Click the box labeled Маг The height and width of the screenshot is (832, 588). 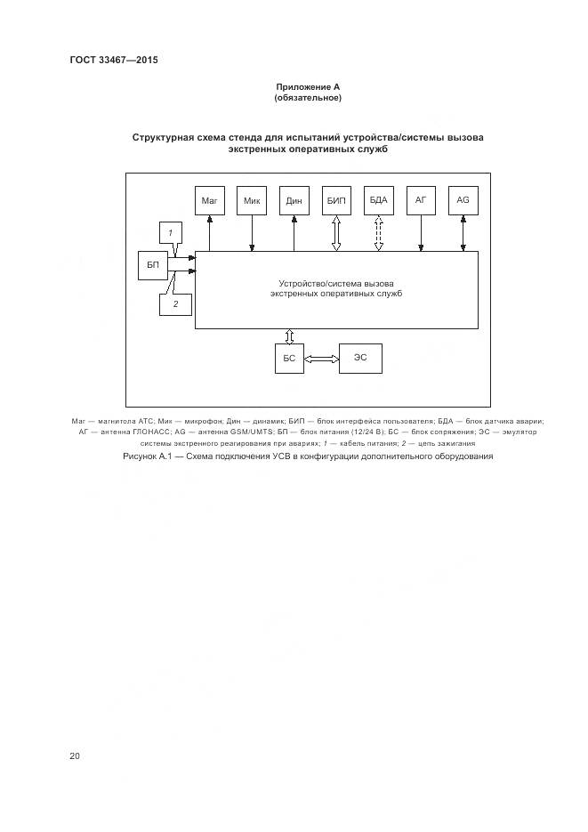pos(209,202)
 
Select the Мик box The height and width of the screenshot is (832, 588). pos(252,202)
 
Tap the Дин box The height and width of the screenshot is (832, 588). pos(294,202)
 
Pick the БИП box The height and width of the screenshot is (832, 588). pos(336,202)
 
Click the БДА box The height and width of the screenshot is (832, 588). pos(379,202)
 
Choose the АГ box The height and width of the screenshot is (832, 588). pos(421,202)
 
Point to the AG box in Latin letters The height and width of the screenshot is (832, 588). pos(463,202)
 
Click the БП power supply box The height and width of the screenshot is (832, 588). pos(153,265)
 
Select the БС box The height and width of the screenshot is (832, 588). pos(289,358)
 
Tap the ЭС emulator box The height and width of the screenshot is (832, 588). pos(360,358)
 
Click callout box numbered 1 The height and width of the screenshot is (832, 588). pos(171,233)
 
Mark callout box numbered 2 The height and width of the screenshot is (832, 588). pos(175,304)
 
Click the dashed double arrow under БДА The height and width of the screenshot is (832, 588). pos(379,234)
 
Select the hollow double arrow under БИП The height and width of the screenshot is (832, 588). pos(336,234)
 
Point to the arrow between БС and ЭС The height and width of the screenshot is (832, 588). pos(321,358)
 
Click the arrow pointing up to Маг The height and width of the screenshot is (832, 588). pos(209,234)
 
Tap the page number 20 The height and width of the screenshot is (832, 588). pos(75,756)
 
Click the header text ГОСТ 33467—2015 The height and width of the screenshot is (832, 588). pos(107,60)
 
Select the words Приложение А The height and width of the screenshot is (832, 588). pos(307,87)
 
